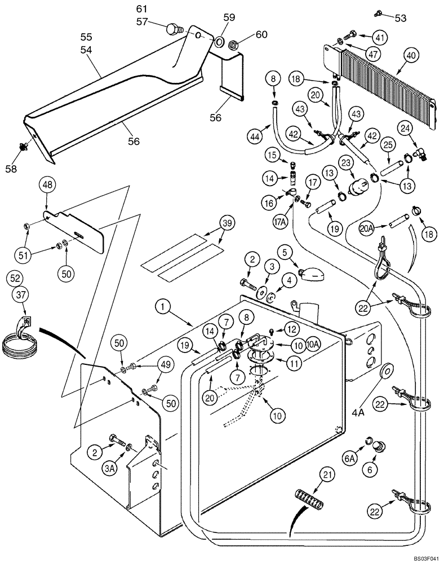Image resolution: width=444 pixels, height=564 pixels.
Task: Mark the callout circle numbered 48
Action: (47, 185)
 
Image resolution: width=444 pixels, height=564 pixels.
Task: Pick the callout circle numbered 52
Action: (16, 278)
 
